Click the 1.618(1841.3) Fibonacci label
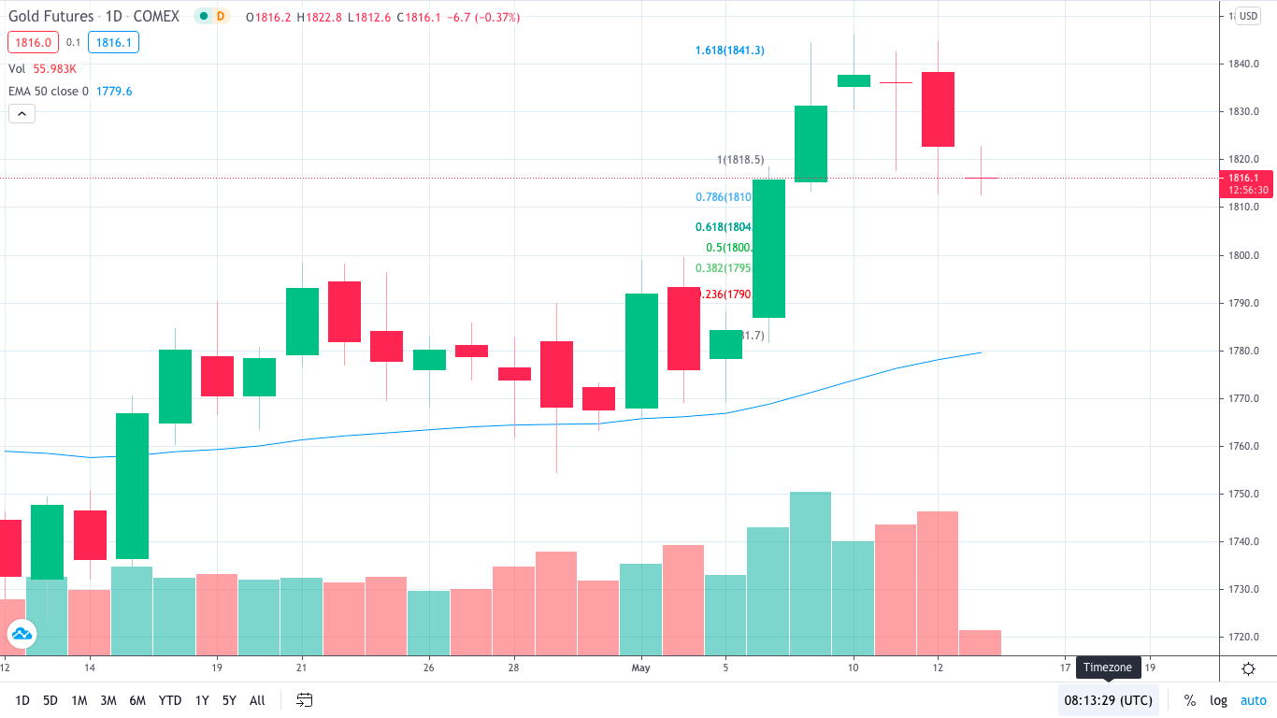pyautogui.click(x=729, y=50)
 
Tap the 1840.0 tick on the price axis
pyautogui.click(x=1243, y=64)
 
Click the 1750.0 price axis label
pyautogui.click(x=1243, y=494)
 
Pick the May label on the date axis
pyautogui.click(x=640, y=668)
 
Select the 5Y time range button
pyautogui.click(x=229, y=700)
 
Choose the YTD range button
pyautogui.click(x=170, y=700)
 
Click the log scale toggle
pyautogui.click(x=1218, y=700)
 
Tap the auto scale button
pyautogui.click(x=1253, y=700)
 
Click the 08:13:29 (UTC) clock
pyautogui.click(x=1108, y=700)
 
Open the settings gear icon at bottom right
pyautogui.click(x=1248, y=668)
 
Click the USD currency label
pyautogui.click(x=1248, y=16)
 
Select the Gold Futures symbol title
pyautogui.click(x=51, y=17)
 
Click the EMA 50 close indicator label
pyautogui.click(x=49, y=91)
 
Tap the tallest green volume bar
pyautogui.click(x=811, y=573)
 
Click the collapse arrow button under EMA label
pyautogui.click(x=22, y=114)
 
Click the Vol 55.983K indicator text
pyautogui.click(x=43, y=68)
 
